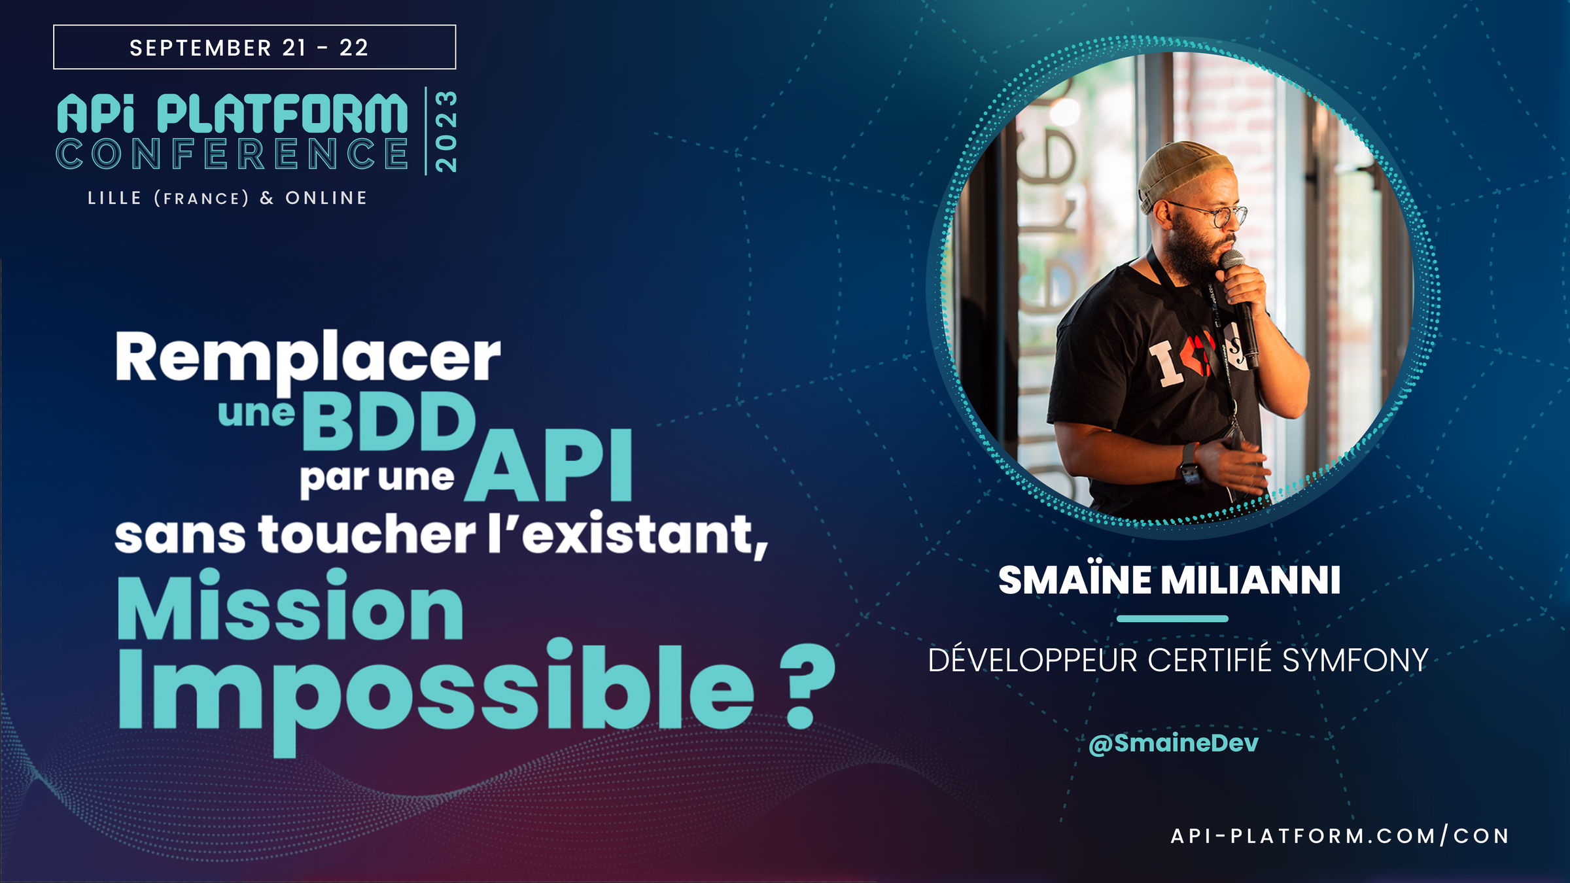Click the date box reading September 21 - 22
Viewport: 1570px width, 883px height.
click(x=254, y=47)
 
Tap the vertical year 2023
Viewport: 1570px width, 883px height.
click(x=445, y=131)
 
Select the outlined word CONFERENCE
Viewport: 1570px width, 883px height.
click(x=232, y=154)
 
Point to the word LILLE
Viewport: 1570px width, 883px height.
click(x=114, y=198)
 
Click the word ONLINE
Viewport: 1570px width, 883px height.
click(x=326, y=198)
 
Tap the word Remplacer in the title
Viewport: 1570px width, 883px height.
click(x=308, y=358)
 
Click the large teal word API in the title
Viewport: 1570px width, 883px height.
click(x=549, y=466)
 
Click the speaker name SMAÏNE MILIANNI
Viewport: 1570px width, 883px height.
click(x=1170, y=580)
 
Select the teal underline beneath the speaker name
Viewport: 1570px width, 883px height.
click(x=1172, y=618)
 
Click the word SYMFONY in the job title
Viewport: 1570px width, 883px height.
click(x=1355, y=661)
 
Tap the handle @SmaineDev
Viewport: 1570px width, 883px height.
click(x=1174, y=743)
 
